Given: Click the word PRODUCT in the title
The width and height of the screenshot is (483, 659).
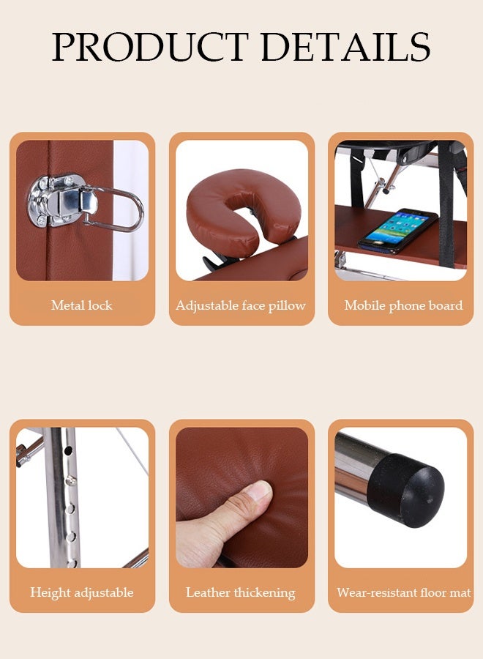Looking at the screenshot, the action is coord(150,46).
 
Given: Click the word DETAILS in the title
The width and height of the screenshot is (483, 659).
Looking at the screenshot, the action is coord(345,46).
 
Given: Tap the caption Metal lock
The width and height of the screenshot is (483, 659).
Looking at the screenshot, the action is coord(81,305).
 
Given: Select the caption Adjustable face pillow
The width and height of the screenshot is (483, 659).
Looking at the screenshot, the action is coord(241,305).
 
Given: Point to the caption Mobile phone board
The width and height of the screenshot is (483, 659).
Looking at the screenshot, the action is coord(404,305).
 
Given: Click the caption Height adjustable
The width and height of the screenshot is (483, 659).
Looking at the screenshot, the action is coord(82,592).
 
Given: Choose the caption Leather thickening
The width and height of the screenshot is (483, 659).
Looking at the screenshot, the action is coord(241,592).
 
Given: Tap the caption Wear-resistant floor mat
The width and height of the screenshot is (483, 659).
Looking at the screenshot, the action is coord(404,592).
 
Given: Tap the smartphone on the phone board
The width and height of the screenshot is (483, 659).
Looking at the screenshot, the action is coord(397,231).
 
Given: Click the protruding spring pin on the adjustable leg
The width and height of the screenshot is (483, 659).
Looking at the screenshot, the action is coord(72,480).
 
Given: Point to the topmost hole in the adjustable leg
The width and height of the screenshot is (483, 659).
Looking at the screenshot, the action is coord(69,450).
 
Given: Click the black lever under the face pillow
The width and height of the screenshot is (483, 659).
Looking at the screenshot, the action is coord(214,264).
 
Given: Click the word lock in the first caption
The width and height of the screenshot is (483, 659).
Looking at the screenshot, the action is coord(100,305).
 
